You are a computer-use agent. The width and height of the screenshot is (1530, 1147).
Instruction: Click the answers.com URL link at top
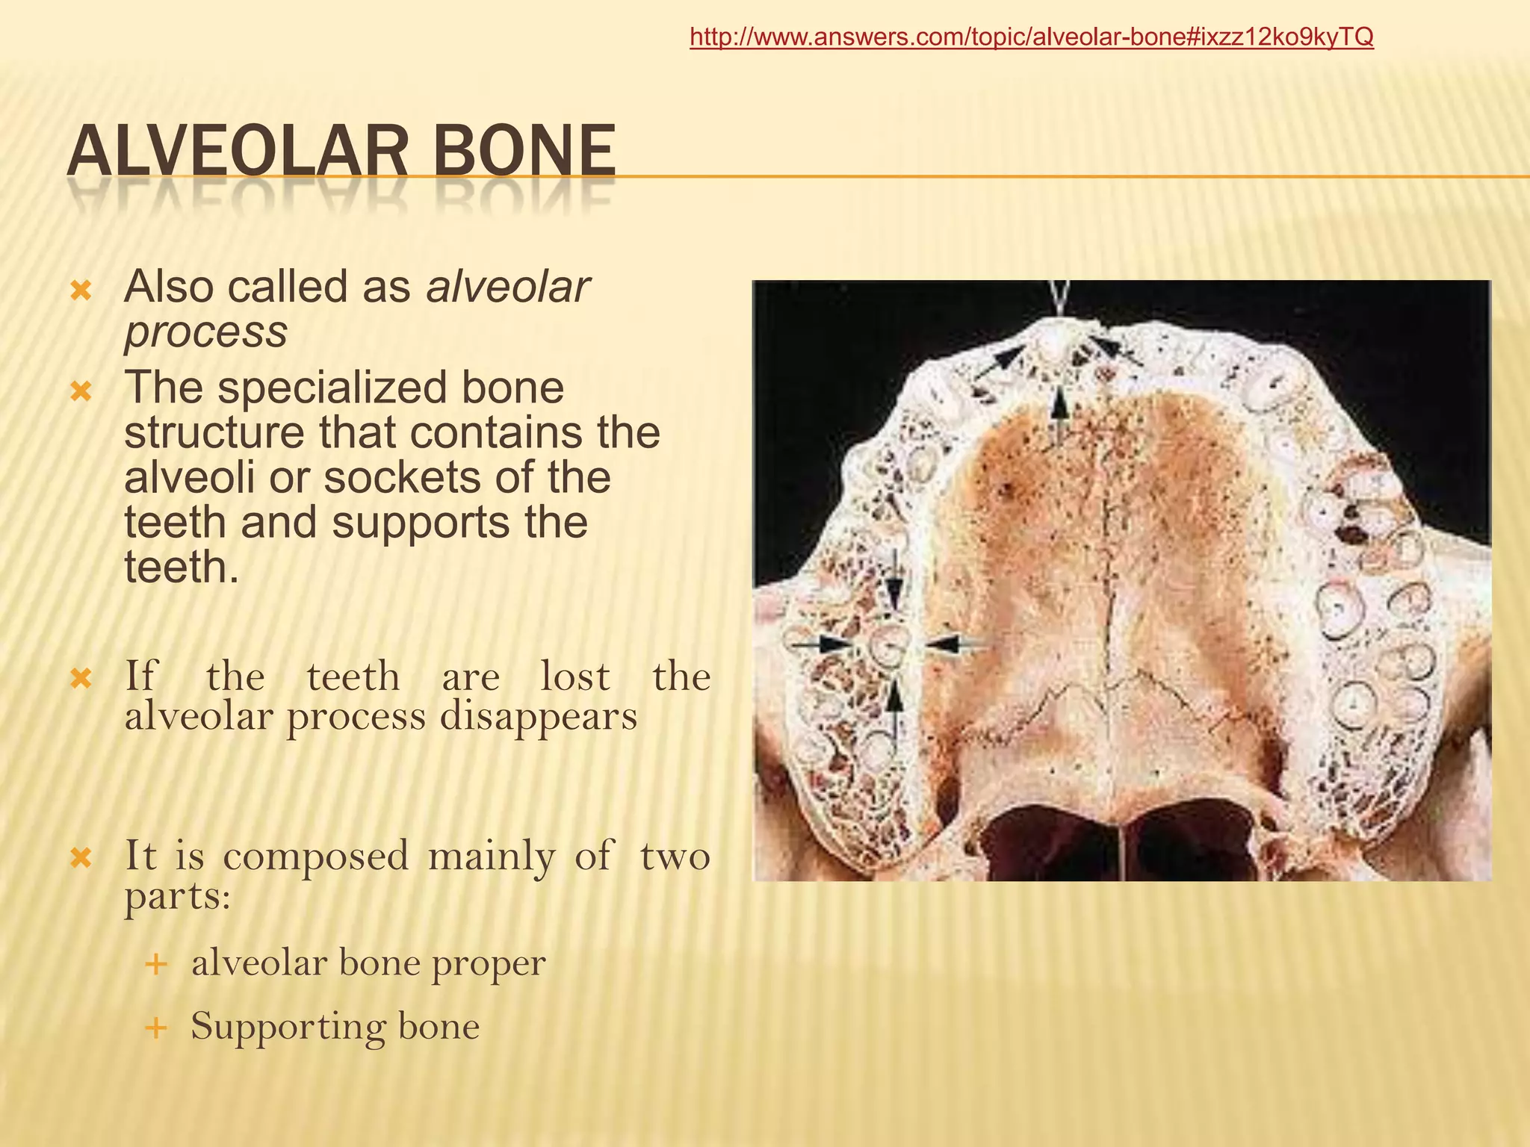(x=1031, y=37)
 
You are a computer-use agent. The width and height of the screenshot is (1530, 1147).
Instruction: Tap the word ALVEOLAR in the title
(x=238, y=152)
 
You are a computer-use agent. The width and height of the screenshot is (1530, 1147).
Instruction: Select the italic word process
(x=205, y=332)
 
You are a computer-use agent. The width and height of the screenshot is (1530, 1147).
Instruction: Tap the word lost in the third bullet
(x=574, y=677)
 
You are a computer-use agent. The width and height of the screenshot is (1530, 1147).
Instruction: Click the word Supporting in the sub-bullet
(x=287, y=1026)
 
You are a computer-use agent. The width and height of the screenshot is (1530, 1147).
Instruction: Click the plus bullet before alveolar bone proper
(x=155, y=964)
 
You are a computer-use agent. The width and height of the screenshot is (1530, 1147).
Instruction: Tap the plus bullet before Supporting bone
(x=155, y=1028)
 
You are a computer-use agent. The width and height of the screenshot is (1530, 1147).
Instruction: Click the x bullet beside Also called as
(x=81, y=290)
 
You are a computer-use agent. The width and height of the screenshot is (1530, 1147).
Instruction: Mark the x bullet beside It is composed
(x=81, y=858)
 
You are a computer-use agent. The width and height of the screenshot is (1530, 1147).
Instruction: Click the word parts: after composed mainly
(x=178, y=896)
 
